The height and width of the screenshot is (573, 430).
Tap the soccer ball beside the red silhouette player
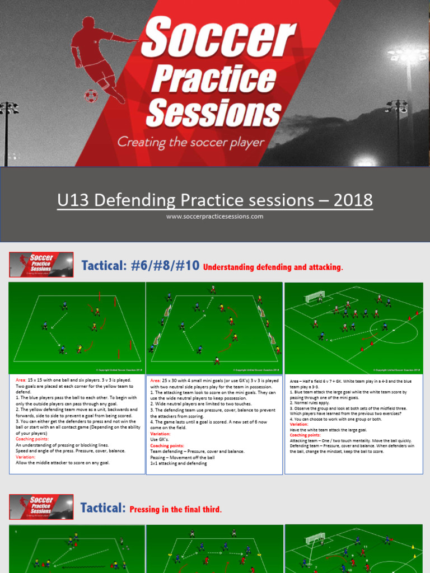click(x=90, y=96)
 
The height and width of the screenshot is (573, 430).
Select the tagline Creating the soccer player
click(x=190, y=142)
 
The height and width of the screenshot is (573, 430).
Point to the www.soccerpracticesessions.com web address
click(x=214, y=217)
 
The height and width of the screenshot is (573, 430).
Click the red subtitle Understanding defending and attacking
click(x=273, y=267)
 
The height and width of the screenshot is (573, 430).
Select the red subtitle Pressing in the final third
click(x=175, y=509)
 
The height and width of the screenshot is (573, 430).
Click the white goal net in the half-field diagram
click(x=311, y=298)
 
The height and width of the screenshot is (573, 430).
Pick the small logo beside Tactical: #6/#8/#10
click(x=41, y=264)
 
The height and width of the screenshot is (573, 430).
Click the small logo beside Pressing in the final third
click(x=41, y=506)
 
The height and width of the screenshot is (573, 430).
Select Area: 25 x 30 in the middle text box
click(x=174, y=381)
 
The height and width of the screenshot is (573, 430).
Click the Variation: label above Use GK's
click(x=162, y=433)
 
